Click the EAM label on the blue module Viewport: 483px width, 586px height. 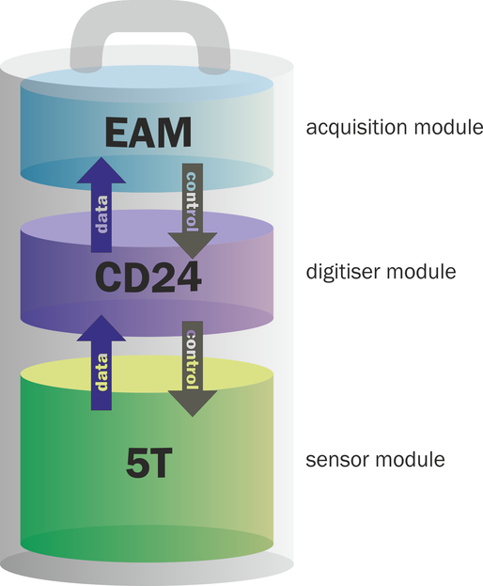click(148, 133)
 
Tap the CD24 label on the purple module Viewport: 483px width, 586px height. click(148, 277)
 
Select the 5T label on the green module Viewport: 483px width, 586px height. click(148, 464)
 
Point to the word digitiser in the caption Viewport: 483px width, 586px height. click(342, 271)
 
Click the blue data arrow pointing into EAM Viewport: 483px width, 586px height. click(101, 205)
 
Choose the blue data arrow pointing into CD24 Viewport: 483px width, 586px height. click(101, 362)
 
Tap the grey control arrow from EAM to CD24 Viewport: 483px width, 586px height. click(193, 211)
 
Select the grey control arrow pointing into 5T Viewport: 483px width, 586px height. click(193, 369)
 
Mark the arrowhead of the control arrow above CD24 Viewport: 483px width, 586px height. click(193, 245)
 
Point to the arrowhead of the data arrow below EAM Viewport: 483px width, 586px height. click(101, 170)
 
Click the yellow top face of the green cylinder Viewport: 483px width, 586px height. click(148, 374)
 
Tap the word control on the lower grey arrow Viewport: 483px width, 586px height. click(192, 359)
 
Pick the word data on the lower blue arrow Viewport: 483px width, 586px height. click(101, 372)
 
